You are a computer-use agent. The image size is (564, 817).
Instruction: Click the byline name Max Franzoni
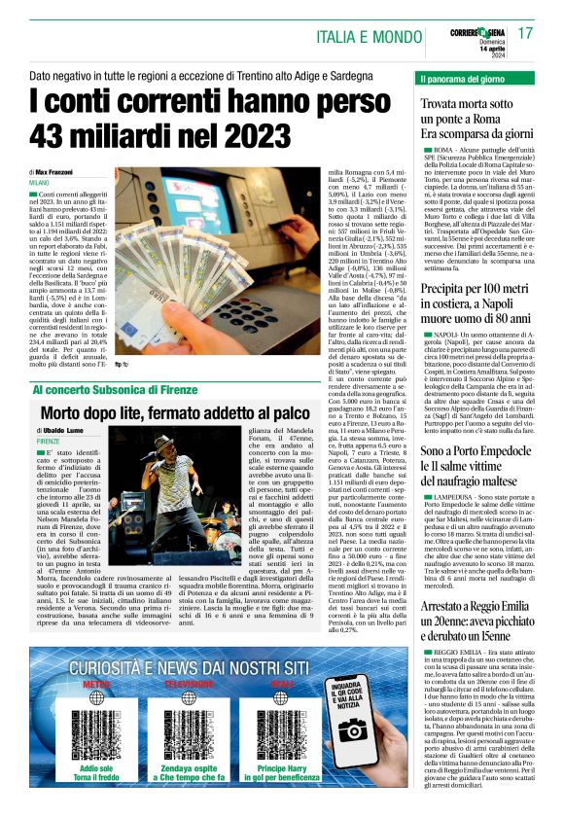(65, 170)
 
